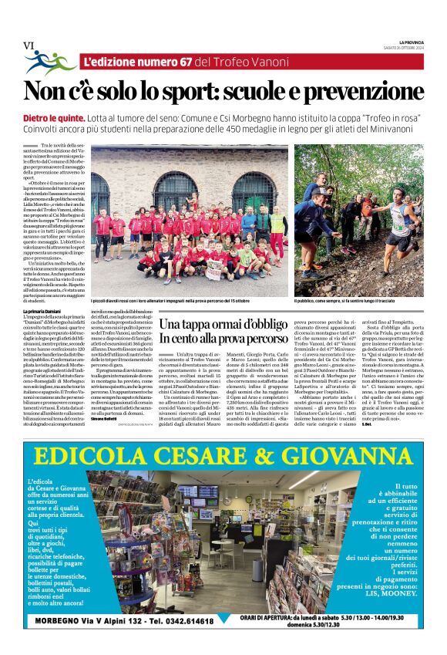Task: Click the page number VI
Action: click(x=29, y=46)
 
